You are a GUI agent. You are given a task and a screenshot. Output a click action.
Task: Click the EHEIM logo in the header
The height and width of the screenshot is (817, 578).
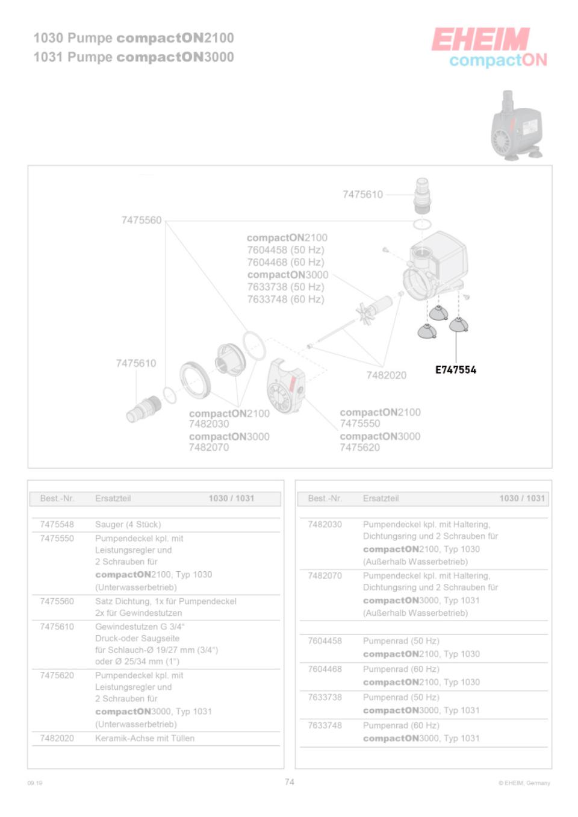pos(480,40)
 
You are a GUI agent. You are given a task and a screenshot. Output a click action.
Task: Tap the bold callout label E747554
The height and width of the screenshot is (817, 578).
pos(456,370)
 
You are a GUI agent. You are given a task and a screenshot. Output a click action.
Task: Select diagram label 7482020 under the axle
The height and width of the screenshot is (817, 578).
pos(386,375)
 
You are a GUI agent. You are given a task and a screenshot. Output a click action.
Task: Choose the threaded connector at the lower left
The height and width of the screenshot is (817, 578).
pos(144,408)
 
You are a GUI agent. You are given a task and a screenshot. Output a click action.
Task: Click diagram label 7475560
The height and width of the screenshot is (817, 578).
pos(141,220)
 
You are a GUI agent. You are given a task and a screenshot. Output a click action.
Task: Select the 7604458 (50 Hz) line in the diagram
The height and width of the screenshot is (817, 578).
pos(285,250)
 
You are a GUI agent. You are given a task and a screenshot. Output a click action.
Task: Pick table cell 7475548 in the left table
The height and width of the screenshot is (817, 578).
pos(57,525)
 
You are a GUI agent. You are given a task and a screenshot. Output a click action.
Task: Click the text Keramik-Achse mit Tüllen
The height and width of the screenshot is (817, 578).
pos(144,738)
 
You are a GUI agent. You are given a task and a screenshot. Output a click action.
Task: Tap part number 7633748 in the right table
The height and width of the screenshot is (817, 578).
pos(325,725)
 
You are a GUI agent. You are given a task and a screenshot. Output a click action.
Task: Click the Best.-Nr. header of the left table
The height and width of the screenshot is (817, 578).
pos(57,498)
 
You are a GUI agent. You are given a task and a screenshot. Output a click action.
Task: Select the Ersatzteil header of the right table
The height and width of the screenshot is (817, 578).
pos(381,498)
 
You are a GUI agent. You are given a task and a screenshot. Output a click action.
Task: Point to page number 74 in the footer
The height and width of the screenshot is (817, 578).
pos(290,782)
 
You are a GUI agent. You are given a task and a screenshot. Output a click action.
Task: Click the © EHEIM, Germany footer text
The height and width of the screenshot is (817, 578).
pos(524,783)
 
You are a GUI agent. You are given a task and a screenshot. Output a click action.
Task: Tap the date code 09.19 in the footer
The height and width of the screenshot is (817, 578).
pos(35,783)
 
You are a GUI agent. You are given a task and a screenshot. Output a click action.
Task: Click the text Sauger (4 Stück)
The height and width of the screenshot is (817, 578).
pos(128,525)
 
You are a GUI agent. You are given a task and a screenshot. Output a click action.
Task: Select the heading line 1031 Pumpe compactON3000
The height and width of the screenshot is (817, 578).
pos(134,57)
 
